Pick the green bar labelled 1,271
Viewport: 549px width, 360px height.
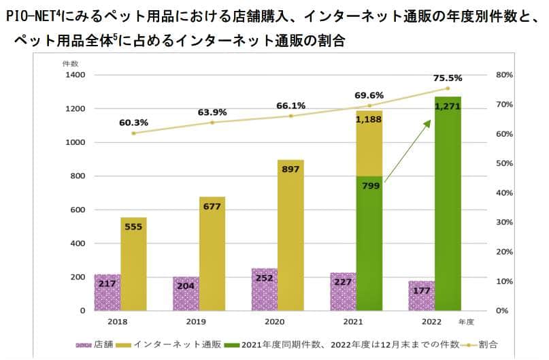448,204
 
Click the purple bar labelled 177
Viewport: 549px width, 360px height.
421,295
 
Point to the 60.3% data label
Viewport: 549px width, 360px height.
133,122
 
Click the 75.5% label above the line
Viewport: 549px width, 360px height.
446,78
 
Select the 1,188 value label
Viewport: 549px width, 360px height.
369,120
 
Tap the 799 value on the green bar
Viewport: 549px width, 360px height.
369,184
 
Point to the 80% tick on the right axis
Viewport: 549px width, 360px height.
504,75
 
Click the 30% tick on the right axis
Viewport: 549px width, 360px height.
504,223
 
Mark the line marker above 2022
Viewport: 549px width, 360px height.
447,88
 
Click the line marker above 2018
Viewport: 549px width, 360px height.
133,133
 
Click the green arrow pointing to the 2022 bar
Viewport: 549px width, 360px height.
408,150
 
